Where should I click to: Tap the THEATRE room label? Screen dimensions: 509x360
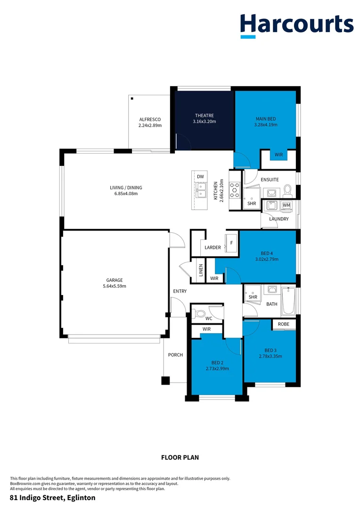point(205,115)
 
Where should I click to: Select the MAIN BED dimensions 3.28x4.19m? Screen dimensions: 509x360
point(266,125)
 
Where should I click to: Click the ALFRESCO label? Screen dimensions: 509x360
point(150,120)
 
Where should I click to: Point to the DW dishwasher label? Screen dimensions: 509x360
point(200,177)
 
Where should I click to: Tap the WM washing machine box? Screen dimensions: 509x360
point(286,205)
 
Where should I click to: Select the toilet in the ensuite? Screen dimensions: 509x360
point(287,190)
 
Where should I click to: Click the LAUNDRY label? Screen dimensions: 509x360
point(278,219)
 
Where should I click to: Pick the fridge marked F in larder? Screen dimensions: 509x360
point(231,243)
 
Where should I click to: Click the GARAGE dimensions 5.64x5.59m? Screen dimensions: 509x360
point(115,286)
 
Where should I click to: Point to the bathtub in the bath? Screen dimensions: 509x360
point(288,303)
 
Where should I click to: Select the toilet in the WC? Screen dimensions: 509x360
point(200,313)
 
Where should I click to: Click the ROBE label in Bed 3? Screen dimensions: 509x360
point(283,324)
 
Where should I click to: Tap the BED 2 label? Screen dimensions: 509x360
point(217,362)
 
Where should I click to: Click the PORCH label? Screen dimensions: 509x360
point(175,355)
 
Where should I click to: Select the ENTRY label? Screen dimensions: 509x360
point(180,291)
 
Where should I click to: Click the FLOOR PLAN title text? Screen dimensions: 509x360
point(180,457)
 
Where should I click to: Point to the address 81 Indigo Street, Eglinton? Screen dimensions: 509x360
point(53,498)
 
